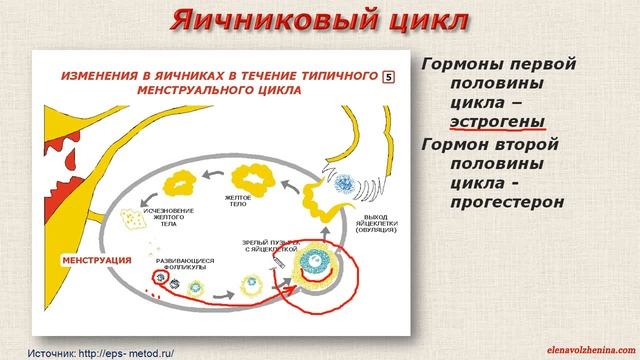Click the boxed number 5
[x=401, y=75]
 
